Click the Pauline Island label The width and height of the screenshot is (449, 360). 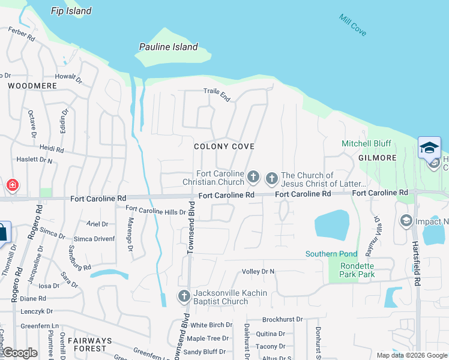(x=168, y=47)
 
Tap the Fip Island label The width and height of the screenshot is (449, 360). (x=71, y=11)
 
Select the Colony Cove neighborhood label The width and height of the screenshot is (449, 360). (x=224, y=146)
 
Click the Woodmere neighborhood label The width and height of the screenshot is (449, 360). (x=32, y=86)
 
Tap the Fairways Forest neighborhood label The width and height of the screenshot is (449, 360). (x=89, y=344)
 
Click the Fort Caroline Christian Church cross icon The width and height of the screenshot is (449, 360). (x=253, y=177)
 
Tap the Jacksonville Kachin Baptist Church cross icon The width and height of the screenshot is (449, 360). (x=184, y=295)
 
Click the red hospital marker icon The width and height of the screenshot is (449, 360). (x=12, y=185)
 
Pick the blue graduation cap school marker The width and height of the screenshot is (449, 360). (x=429, y=147)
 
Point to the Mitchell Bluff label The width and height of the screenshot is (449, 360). (x=366, y=143)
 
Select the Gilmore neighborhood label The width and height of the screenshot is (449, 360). (x=378, y=158)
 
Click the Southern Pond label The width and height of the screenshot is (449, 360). (x=331, y=254)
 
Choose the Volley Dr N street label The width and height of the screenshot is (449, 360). (x=258, y=271)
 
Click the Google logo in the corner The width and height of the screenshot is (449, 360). (x=20, y=353)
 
